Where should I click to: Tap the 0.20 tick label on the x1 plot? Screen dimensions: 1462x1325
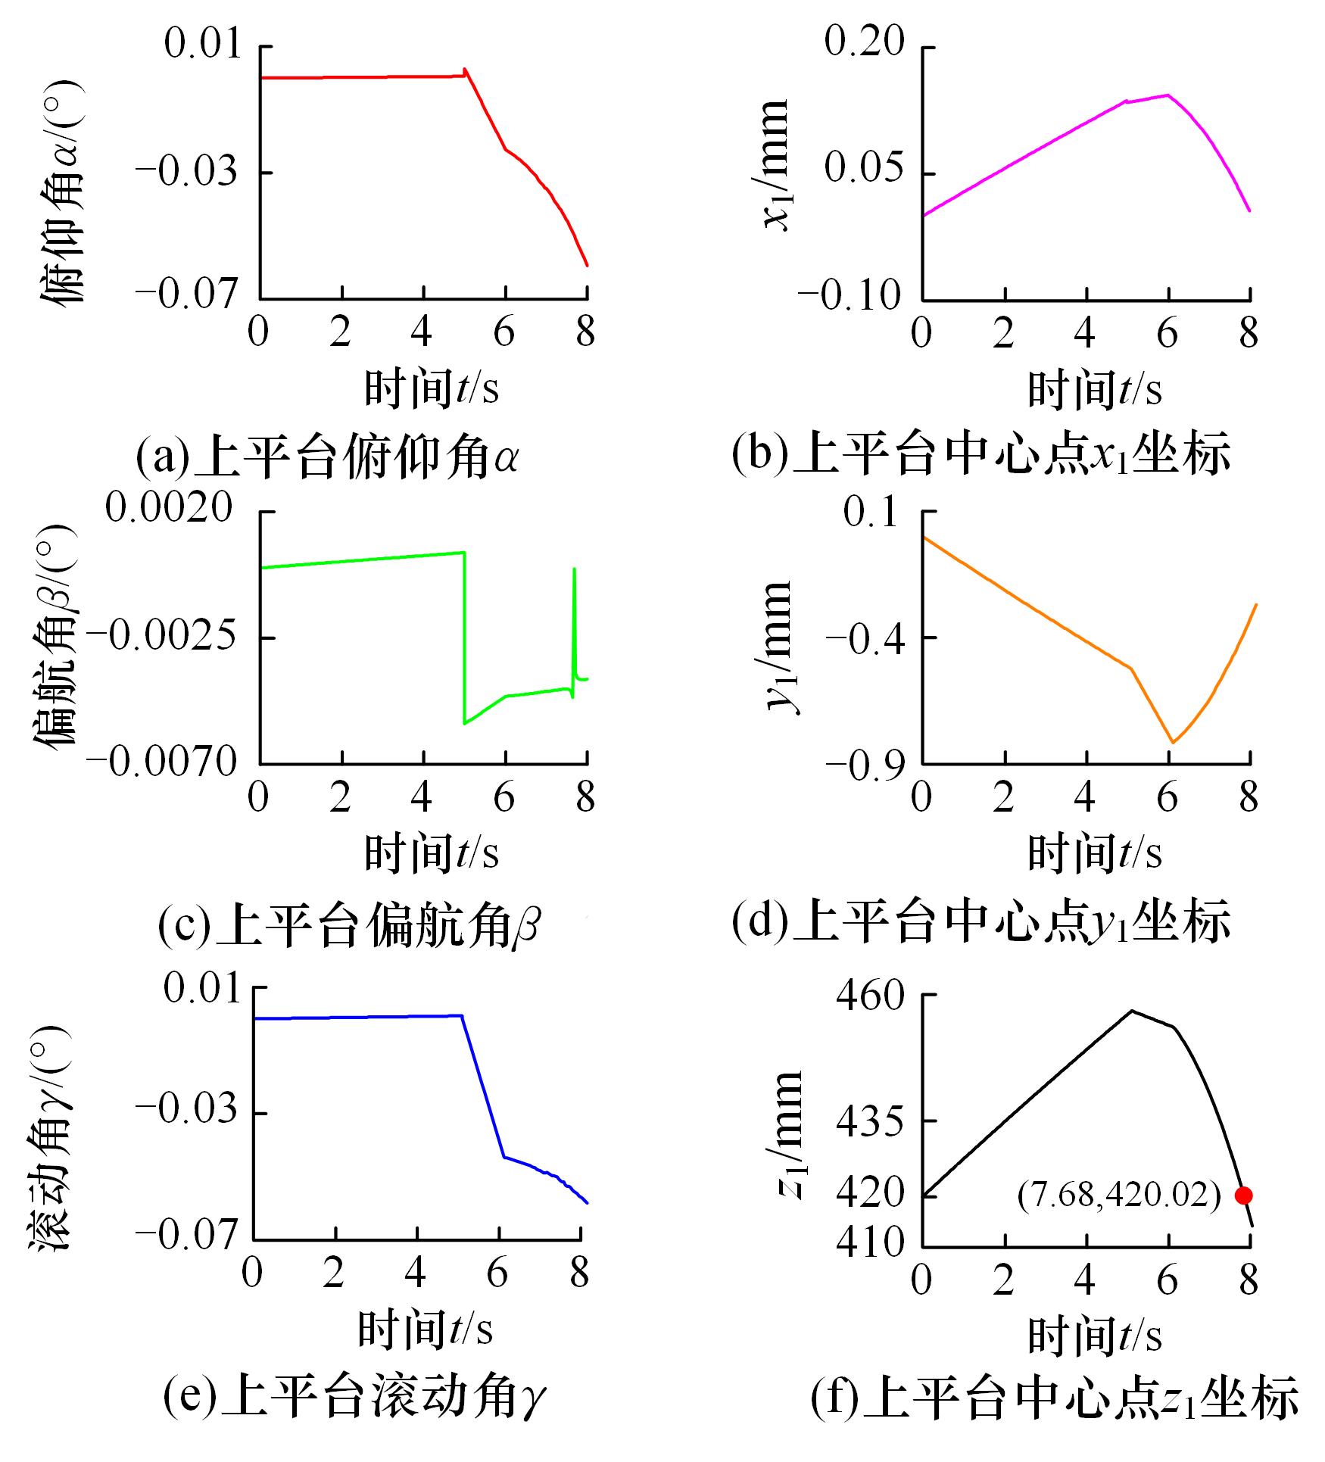[x=864, y=43]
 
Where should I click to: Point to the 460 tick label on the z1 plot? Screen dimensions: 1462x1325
[x=871, y=996]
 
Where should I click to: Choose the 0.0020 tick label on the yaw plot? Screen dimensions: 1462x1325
[x=169, y=507]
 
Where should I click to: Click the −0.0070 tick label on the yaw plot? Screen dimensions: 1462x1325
[x=162, y=762]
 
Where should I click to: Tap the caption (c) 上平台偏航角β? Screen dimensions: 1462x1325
[x=349, y=926]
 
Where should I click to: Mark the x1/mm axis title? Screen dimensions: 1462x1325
[x=775, y=165]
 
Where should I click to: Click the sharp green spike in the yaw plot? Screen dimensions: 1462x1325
[x=575, y=569]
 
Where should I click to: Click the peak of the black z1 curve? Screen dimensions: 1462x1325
[x=1132, y=1011]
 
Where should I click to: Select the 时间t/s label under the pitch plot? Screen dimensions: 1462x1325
[x=432, y=388]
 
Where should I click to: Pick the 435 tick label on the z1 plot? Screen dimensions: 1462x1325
[x=871, y=1121]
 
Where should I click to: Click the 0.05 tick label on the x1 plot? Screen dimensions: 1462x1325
[x=864, y=168]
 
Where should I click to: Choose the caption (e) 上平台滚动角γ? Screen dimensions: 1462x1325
[x=354, y=1397]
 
